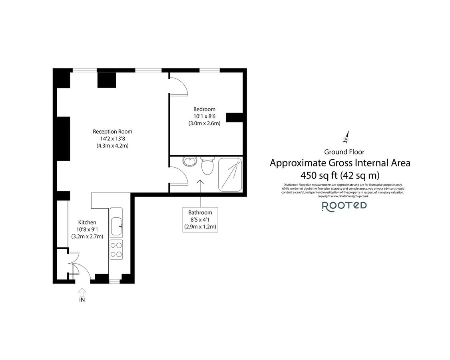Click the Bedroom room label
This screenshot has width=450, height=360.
pyautogui.click(x=204, y=109)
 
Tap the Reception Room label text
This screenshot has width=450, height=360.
pyautogui.click(x=112, y=132)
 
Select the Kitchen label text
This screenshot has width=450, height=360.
pyautogui.click(x=87, y=222)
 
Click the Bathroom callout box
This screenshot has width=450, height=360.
pyautogui.click(x=200, y=220)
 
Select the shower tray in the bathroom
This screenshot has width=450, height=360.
pyautogui.click(x=230, y=174)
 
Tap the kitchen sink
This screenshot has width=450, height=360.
pyautogui.click(x=116, y=226)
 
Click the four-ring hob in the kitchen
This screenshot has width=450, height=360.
pyautogui.click(x=116, y=250)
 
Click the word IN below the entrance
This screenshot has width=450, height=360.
pyautogui.click(x=82, y=299)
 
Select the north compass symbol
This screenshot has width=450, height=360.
pyautogui.click(x=346, y=137)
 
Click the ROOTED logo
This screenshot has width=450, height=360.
pyautogui.click(x=344, y=206)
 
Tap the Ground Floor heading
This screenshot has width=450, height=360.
pyautogui.click(x=344, y=152)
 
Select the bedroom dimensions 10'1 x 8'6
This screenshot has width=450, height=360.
pyautogui.click(x=204, y=116)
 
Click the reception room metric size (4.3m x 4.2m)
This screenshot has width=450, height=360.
pyautogui.click(x=112, y=146)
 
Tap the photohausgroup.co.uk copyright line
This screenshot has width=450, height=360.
pyautogui.click(x=342, y=196)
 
